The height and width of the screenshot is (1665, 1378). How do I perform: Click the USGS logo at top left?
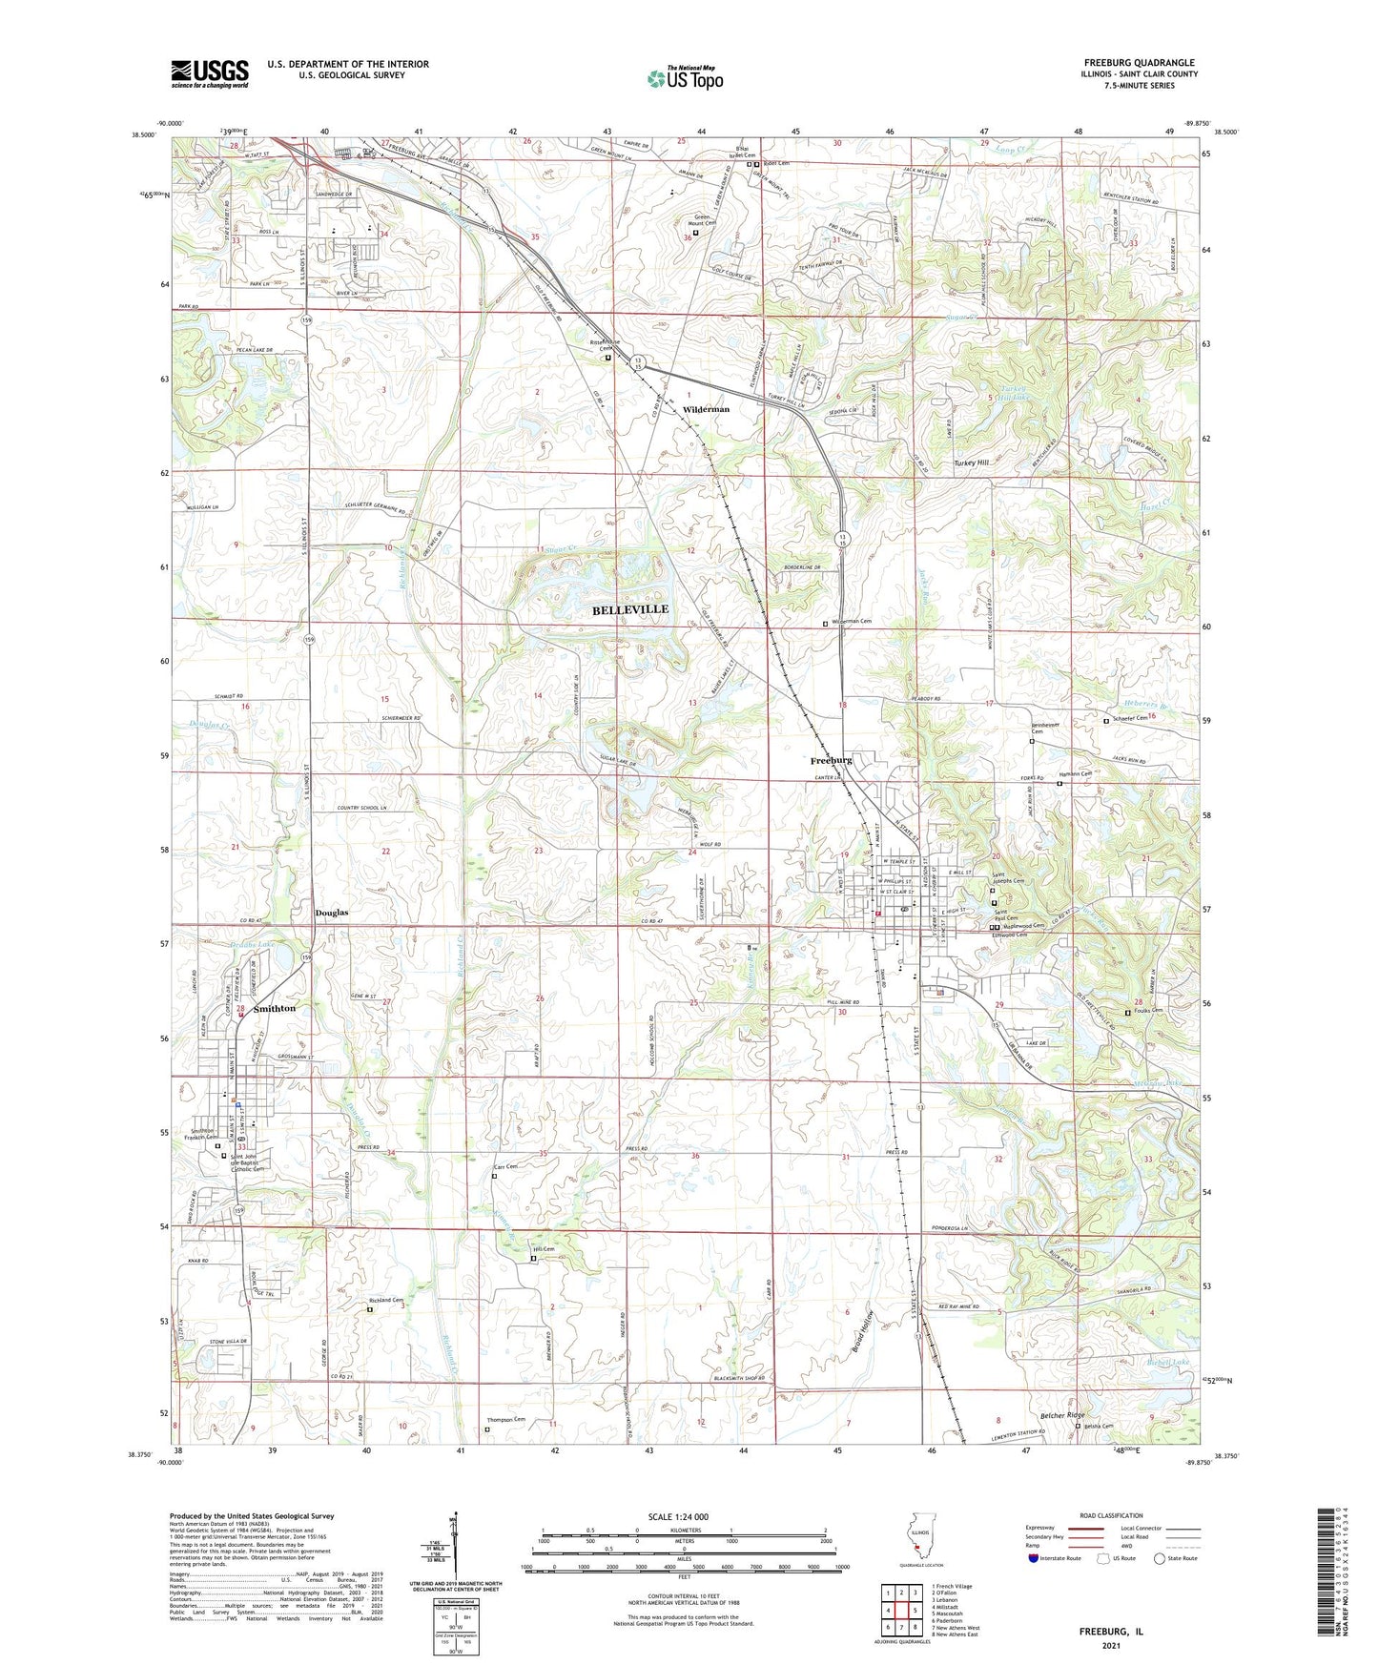click(x=210, y=73)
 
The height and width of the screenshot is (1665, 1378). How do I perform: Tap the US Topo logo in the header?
click(x=685, y=78)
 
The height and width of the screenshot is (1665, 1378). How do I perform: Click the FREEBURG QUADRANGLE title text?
click(x=1139, y=63)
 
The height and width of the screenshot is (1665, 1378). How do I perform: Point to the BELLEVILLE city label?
click(x=630, y=609)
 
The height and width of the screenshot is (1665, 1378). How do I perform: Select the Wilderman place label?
click(x=706, y=409)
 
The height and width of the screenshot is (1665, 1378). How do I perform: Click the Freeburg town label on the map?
click(x=831, y=760)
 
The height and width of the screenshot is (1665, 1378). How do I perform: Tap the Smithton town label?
click(x=275, y=1008)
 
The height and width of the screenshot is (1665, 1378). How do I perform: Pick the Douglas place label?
click(x=332, y=913)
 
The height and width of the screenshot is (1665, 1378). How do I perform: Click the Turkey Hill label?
click(x=971, y=462)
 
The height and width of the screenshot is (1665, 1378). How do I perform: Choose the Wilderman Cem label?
click(x=852, y=621)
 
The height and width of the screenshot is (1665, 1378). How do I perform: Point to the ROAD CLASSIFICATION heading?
click(x=1111, y=1515)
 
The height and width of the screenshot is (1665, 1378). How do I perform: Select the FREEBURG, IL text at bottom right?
click(x=1110, y=1632)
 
